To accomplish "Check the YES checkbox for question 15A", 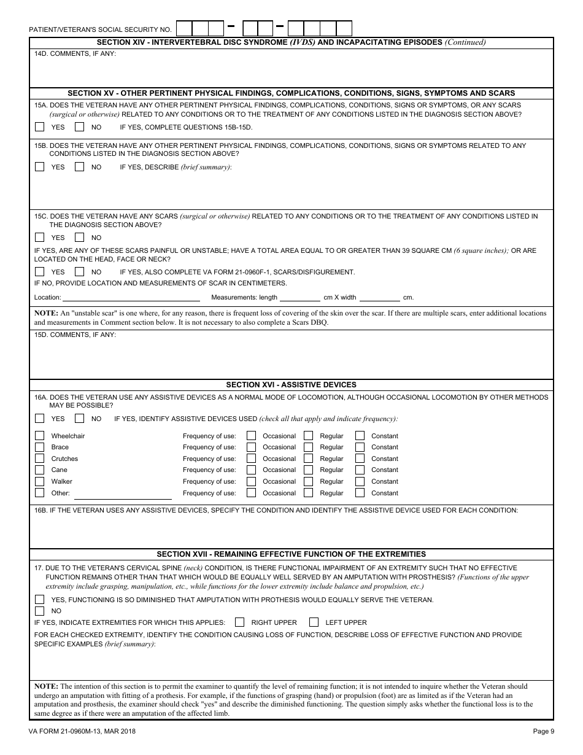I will point(40,127).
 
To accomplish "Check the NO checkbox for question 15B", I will point(79,166).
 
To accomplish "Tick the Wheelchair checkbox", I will point(40,436).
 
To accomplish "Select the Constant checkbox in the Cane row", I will point(360,470).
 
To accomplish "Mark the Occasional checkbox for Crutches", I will point(252,459).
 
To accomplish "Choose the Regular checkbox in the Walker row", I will point(309,481).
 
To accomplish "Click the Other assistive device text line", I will point(123,494).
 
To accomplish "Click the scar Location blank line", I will point(131,298).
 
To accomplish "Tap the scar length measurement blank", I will point(300,298).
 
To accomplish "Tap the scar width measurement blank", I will point(379,298).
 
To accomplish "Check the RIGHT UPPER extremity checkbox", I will point(240,622).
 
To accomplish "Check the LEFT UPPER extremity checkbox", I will point(314,622).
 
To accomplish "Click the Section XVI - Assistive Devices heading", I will point(291,385).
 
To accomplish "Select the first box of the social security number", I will point(184,29).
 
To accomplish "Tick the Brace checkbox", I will point(40,447).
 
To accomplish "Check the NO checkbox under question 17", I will point(40,611).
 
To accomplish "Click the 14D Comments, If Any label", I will point(75,53).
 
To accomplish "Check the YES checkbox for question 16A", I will point(40,419).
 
